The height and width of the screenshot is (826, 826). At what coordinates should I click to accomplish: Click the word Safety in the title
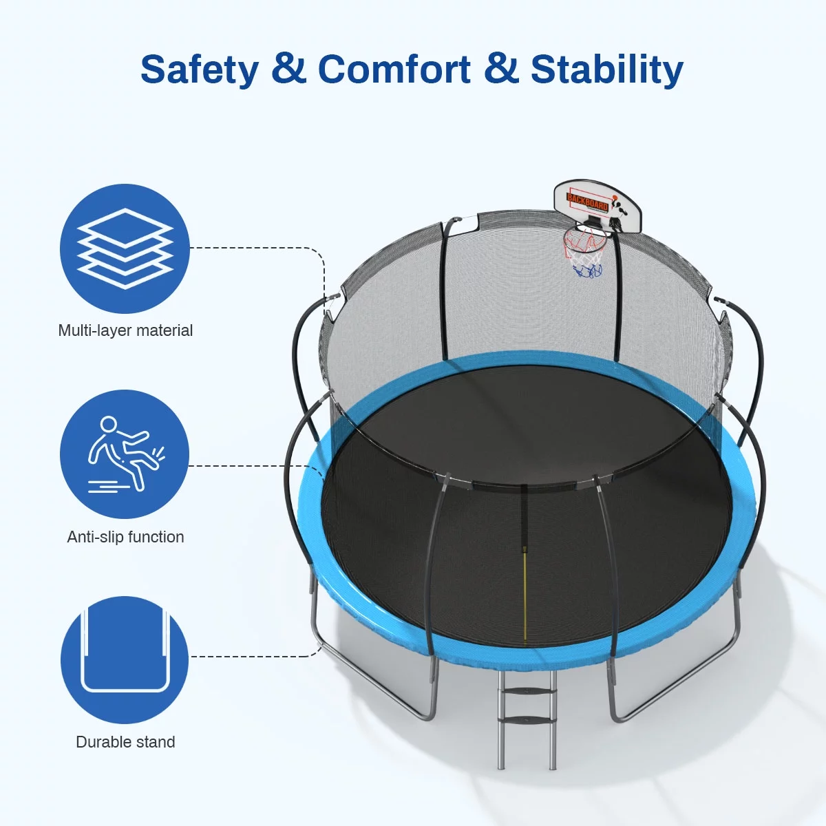(x=200, y=70)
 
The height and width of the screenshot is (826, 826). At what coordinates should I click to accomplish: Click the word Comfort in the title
(x=394, y=70)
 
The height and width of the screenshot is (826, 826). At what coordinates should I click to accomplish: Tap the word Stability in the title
(x=606, y=70)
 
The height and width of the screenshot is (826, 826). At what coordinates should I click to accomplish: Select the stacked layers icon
(x=125, y=248)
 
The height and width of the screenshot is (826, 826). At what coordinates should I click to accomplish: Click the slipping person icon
(x=125, y=454)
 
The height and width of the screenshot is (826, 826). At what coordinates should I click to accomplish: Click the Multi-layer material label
(x=125, y=330)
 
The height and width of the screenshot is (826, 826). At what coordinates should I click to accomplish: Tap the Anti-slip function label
(x=125, y=537)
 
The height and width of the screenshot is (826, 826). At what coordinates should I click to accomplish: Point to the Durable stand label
(x=125, y=742)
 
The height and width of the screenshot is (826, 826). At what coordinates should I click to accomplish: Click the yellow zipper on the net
(x=525, y=592)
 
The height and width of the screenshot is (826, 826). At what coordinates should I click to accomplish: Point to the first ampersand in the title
(x=288, y=70)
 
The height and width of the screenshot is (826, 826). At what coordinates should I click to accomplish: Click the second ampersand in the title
(x=501, y=70)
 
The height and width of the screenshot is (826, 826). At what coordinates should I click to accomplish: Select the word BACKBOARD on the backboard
(x=587, y=202)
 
